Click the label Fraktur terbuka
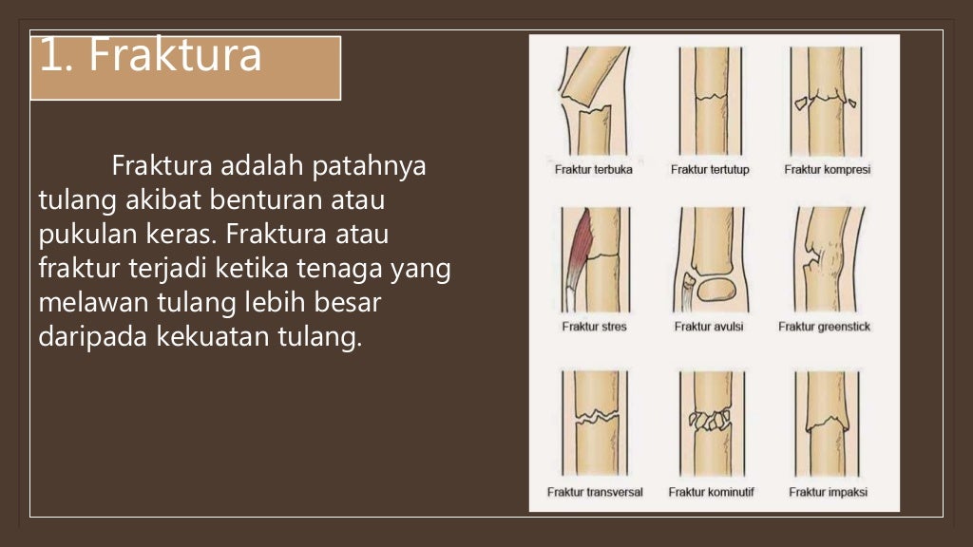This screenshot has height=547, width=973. point(593,170)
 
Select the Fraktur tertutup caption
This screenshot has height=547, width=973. point(710,170)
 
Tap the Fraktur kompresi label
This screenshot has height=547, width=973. point(827,170)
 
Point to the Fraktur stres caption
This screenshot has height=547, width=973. point(594,327)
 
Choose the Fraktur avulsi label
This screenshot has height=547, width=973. point(709,327)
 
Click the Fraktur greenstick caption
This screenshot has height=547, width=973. point(824,327)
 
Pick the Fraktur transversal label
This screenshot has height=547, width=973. point(595,492)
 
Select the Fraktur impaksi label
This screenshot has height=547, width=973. point(828,492)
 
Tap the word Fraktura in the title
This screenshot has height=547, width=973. point(175,57)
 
